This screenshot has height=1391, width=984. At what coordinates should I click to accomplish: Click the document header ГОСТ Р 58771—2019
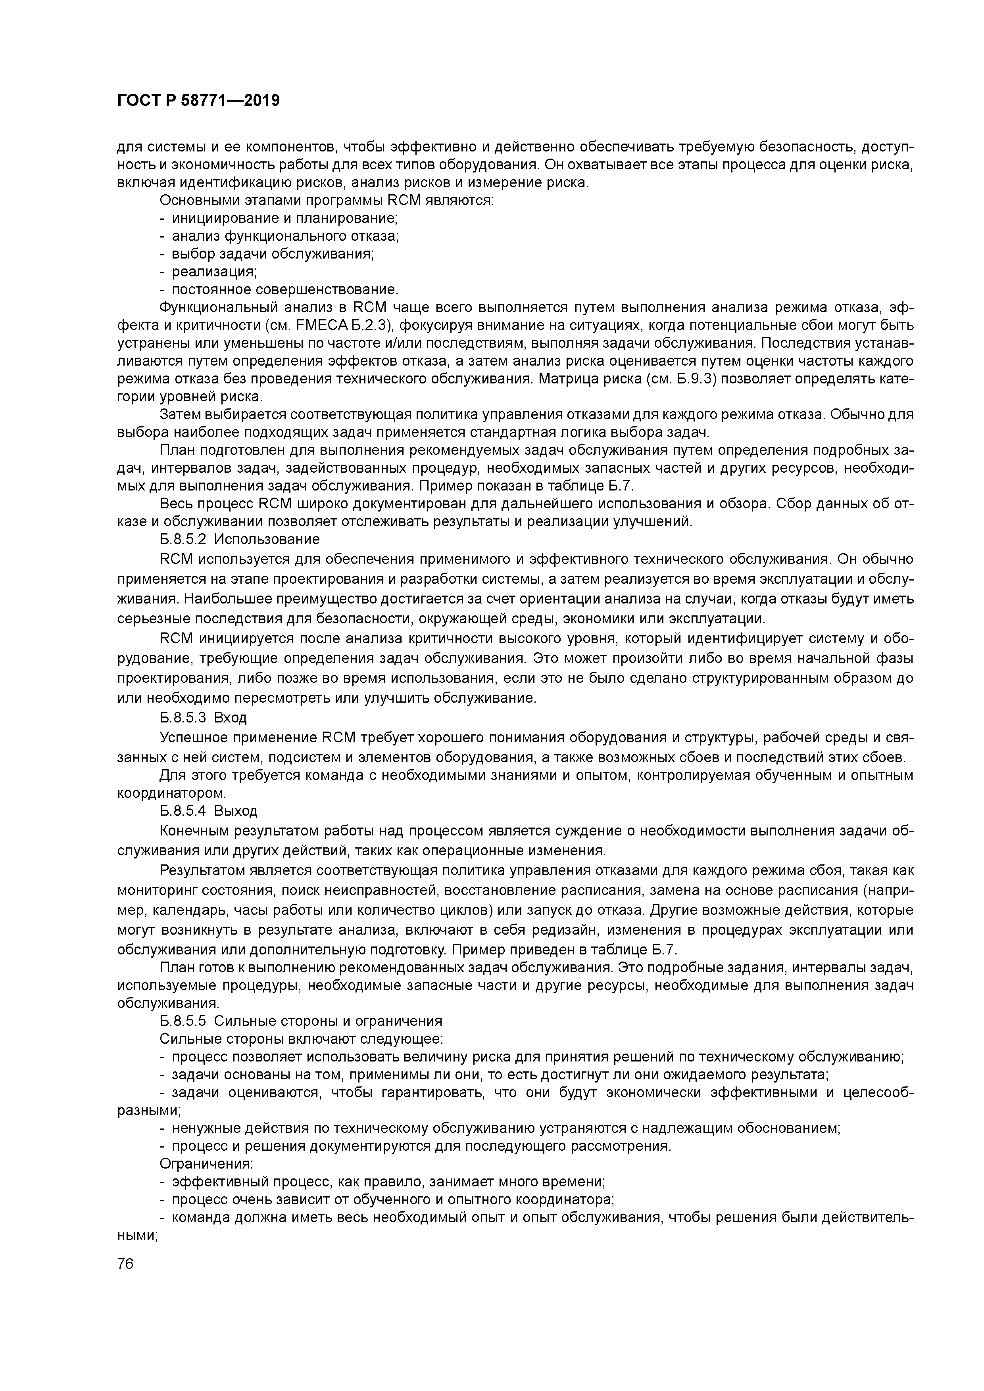(x=198, y=101)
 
